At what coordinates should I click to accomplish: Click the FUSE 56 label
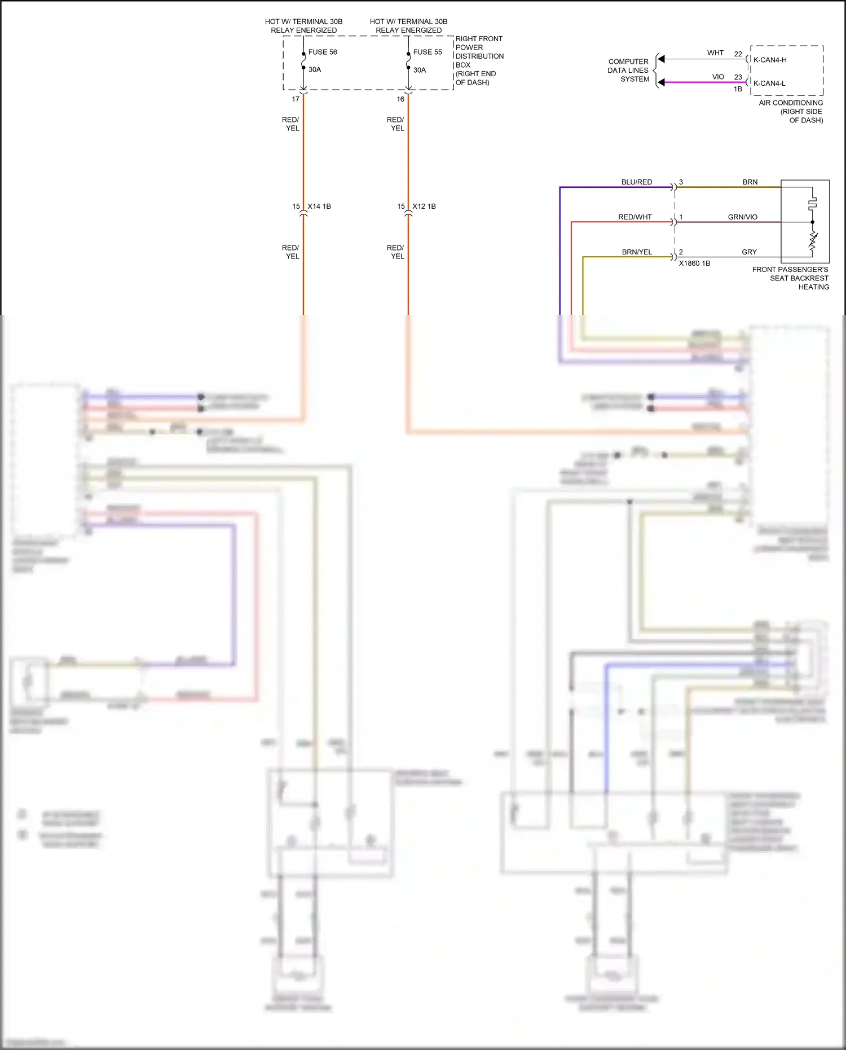[323, 52]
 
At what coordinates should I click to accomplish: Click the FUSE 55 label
[428, 52]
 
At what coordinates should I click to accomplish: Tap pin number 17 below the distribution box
[296, 99]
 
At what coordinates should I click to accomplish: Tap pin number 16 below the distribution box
[400, 99]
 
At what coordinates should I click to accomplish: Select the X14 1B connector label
[319, 207]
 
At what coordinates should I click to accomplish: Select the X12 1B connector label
[424, 207]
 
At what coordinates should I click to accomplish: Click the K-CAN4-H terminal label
[770, 60]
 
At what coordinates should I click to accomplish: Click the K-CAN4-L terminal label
[769, 84]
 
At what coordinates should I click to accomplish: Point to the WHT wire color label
[715, 53]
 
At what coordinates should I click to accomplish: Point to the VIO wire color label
[718, 77]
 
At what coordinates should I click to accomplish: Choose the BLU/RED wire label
[637, 182]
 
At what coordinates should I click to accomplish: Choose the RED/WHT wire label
[635, 217]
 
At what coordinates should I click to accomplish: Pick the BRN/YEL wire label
[637, 252]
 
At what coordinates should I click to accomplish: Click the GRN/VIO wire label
[743, 217]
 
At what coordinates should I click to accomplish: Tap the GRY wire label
[749, 252]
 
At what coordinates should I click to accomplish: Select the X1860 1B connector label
[694, 263]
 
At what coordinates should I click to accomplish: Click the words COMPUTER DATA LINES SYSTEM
[628, 71]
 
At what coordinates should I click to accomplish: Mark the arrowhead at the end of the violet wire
[662, 82]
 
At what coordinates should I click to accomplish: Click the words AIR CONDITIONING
[791, 103]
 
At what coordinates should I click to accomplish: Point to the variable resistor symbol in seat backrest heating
[813, 241]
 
